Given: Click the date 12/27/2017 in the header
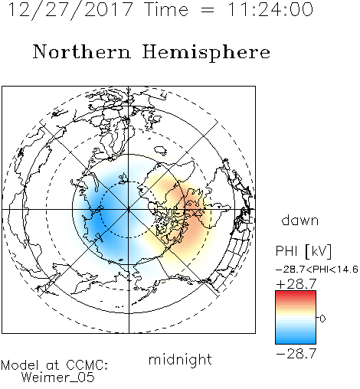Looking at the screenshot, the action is pyautogui.click(x=70, y=10).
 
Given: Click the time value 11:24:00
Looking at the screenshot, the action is pyautogui.click(x=270, y=10).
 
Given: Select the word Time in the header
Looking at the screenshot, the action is pyautogui.click(x=166, y=10).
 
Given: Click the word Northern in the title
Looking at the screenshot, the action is pyautogui.click(x=82, y=51).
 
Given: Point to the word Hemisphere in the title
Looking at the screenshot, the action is pyautogui.click(x=206, y=53).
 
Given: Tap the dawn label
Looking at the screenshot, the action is pyautogui.click(x=300, y=221).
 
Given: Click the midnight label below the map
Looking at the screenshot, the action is pyautogui.click(x=180, y=360).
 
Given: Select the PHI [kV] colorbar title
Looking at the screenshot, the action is pyautogui.click(x=303, y=251).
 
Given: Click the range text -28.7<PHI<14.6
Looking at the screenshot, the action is pyautogui.click(x=317, y=270).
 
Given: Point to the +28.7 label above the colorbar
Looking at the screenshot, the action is pyautogui.click(x=296, y=284).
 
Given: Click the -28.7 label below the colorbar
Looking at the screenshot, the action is pyautogui.click(x=296, y=354).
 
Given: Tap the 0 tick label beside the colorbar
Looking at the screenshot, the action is pyautogui.click(x=322, y=319).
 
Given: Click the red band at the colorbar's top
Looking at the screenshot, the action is pyautogui.click(x=296, y=293).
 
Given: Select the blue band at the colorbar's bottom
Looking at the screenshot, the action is pyautogui.click(x=296, y=341).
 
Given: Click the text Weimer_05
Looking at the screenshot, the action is pyautogui.click(x=58, y=378).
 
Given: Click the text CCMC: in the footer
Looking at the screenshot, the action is pyautogui.click(x=87, y=365).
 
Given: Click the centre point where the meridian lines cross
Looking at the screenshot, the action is pyautogui.click(x=129, y=210).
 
